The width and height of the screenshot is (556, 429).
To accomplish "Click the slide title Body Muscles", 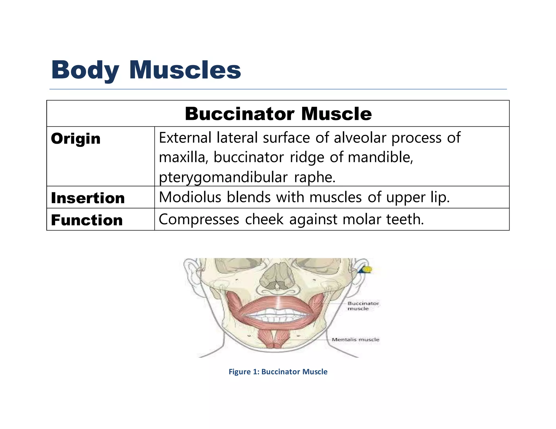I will tap(146, 70).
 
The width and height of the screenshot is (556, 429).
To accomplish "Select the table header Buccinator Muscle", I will tap(278, 114).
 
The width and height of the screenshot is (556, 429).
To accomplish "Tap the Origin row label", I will tap(76, 139).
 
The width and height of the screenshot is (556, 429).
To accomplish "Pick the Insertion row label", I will tap(88, 198).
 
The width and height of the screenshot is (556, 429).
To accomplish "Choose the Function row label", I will tap(87, 220).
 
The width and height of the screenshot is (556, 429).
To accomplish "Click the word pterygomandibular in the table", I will tap(223, 177).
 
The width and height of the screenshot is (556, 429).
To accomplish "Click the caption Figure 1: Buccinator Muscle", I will tap(278, 372).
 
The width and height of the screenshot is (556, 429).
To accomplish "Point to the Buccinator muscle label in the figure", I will tap(363, 306).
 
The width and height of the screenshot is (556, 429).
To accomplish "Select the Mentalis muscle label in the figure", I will tap(355, 340).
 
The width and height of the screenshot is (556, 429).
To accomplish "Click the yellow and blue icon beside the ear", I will tap(365, 270).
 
